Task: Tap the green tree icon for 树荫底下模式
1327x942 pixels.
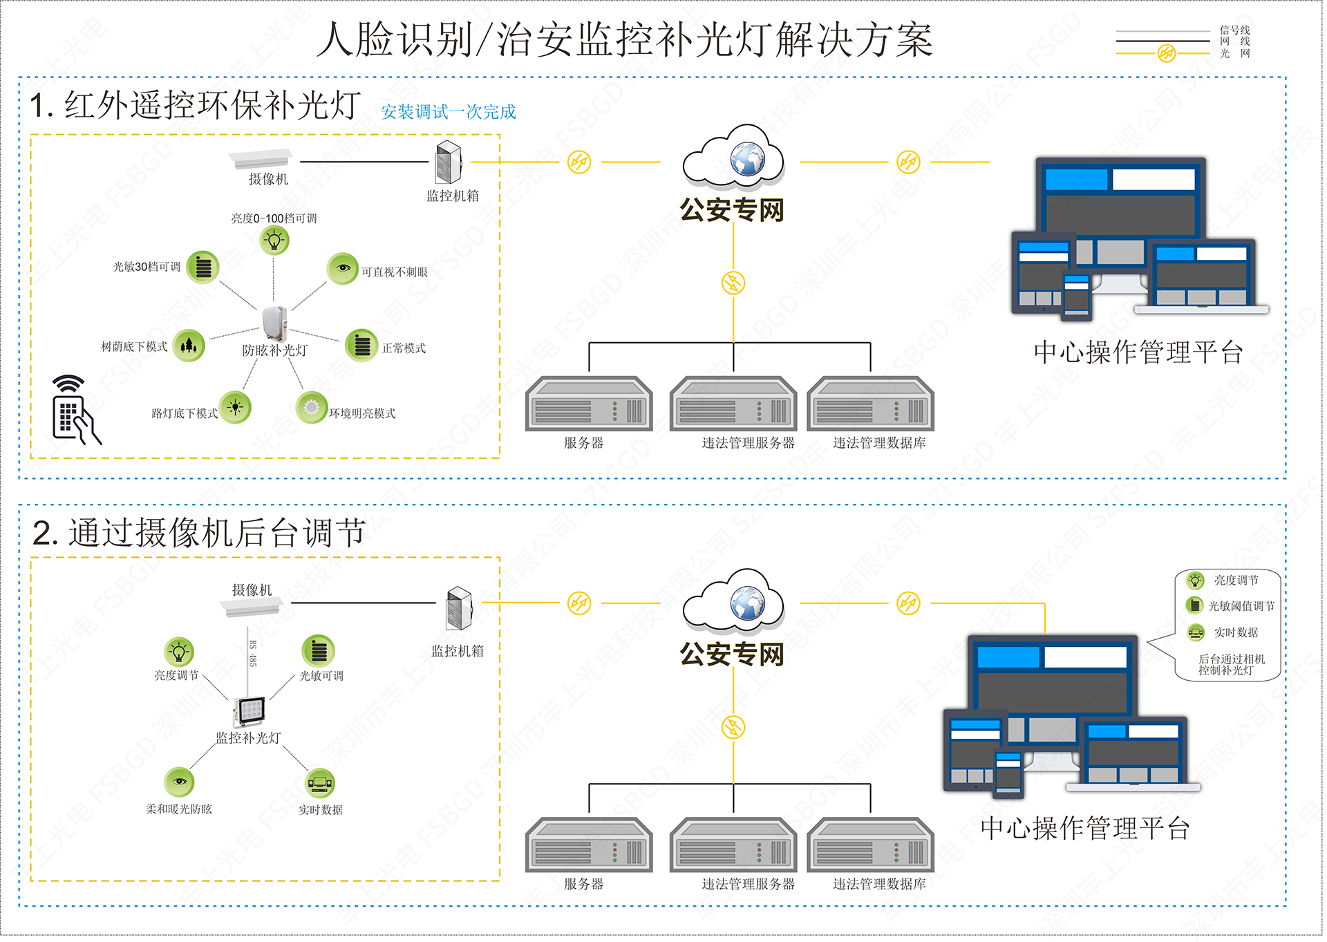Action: coord(189,345)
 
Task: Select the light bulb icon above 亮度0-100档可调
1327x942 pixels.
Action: coord(274,241)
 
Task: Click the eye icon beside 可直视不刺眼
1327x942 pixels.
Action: coord(343,268)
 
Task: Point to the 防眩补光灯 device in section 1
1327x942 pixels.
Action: coord(274,323)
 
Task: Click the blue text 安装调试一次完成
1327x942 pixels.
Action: coord(448,112)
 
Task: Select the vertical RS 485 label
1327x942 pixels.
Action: coord(252,653)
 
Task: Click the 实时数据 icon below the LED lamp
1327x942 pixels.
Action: coord(319,783)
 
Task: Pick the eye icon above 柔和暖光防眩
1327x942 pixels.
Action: coord(179,782)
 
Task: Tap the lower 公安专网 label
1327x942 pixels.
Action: coord(732,654)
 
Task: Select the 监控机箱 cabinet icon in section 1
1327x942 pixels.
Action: coord(449,162)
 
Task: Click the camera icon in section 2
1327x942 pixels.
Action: coord(251,607)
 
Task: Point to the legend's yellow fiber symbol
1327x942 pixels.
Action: coord(1167,53)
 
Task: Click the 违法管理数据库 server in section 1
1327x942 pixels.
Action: coord(871,404)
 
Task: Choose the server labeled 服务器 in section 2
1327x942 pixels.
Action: coord(589,845)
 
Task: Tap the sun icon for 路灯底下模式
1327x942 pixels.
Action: coord(235,407)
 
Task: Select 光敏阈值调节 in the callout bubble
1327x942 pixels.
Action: coord(1241,606)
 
